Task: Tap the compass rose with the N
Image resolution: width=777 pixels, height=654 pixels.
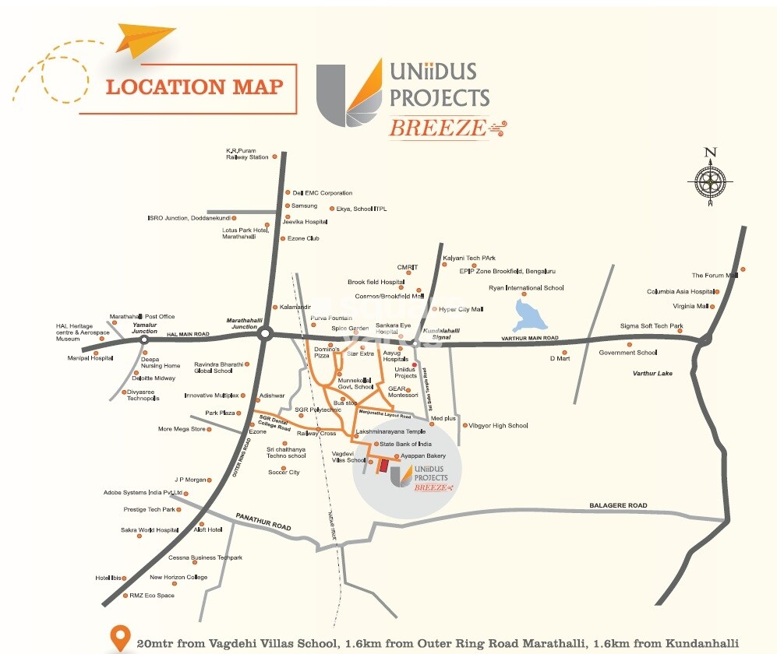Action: coord(710,181)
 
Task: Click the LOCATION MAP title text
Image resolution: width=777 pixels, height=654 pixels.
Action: coord(194,86)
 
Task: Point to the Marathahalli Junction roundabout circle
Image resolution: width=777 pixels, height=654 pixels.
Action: coord(265,334)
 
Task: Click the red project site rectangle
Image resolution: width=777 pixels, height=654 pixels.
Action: coord(383,465)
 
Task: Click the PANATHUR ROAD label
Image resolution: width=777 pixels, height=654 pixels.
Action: coord(263,522)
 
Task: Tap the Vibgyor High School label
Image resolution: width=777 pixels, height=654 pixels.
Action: coord(498,426)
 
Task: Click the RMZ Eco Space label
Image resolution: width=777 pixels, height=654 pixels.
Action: coord(152,596)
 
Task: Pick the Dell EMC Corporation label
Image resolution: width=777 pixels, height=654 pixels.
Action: coord(322,193)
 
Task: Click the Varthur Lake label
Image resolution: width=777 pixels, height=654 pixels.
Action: coord(652,374)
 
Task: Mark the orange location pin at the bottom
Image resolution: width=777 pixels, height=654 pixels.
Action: coord(118,637)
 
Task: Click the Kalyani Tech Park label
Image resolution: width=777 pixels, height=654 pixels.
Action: coord(470,258)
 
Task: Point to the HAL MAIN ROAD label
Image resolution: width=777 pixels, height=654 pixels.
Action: coord(189,334)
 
